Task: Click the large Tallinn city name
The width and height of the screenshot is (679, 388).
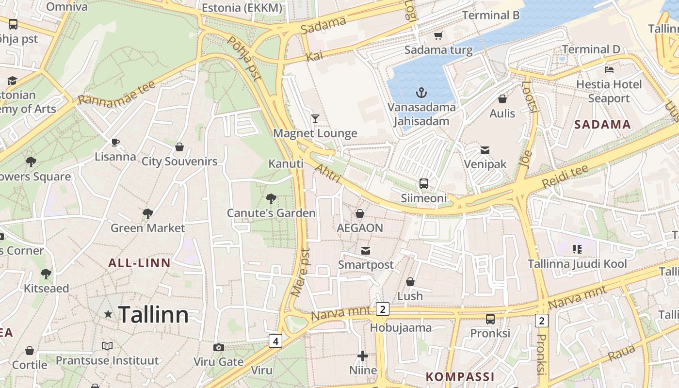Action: (153, 315)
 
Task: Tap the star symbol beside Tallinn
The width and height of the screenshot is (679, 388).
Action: (108, 314)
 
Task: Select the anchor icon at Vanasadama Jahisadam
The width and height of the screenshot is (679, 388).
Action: (421, 92)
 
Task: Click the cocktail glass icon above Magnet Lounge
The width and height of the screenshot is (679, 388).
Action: (315, 118)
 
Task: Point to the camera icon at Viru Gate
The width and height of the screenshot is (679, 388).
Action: (219, 347)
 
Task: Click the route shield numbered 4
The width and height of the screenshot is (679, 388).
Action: (275, 341)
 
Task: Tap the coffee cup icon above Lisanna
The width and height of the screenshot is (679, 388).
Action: (115, 142)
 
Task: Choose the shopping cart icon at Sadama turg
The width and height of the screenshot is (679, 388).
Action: (438, 35)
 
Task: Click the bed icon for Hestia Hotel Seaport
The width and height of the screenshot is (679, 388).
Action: (609, 70)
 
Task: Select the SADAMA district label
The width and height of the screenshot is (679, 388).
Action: (602, 125)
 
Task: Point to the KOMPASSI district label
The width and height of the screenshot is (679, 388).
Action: (460, 376)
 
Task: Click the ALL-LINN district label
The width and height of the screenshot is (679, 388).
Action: (139, 263)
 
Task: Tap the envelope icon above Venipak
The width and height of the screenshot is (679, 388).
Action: (485, 150)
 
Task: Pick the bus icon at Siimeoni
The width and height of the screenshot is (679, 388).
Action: (423, 184)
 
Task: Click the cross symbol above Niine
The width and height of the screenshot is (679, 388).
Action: (362, 356)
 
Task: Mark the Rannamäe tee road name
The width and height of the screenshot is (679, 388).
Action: (116, 93)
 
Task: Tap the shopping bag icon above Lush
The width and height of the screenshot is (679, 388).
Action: (410, 282)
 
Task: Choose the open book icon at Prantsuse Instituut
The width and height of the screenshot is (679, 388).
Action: (107, 346)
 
